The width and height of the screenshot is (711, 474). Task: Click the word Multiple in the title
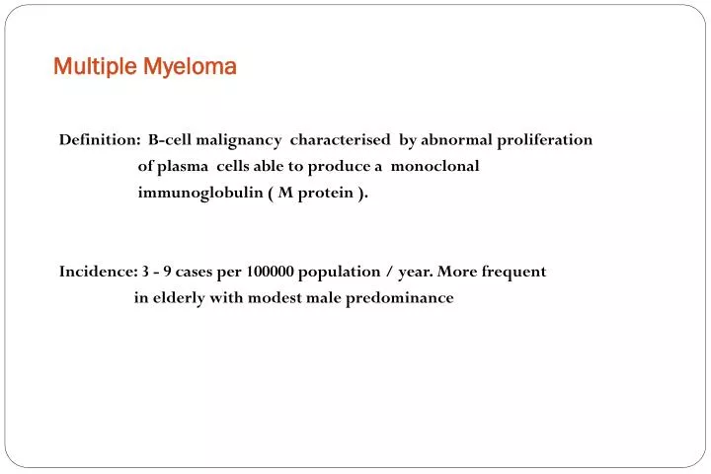95,67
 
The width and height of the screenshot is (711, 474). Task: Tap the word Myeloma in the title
190,67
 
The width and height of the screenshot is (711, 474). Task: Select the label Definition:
99,140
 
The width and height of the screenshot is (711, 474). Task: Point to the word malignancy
238,140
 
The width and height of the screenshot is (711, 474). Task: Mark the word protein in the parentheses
325,193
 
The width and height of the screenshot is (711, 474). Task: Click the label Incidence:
98,272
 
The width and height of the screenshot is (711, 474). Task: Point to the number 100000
267,272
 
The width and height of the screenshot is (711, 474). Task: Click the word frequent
513,272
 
